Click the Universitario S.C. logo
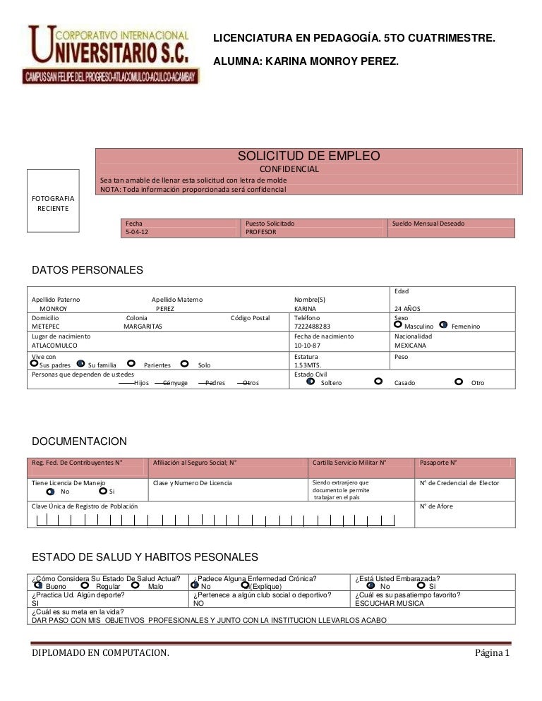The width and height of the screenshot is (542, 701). pos(112,55)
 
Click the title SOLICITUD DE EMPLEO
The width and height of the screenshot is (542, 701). pos(308,156)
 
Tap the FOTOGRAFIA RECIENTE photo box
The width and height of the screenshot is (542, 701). pos(53,204)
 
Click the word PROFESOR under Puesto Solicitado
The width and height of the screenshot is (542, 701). pos(261,232)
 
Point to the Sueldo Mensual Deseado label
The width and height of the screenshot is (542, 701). pos(428,223)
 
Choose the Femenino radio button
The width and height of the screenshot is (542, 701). pos(443,324)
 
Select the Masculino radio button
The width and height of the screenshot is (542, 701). pos(397,324)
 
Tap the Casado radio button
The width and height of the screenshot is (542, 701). pos(378,381)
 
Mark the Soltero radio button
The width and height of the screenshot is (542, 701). pos(311,381)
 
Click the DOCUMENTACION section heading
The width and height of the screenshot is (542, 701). pos(80,441)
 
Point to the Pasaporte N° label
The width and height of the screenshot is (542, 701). pos(438,463)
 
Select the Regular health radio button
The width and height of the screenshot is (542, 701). pos(85,585)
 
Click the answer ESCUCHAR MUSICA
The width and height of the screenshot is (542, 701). pos(389,603)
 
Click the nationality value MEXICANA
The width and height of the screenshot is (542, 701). pos(411,346)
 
